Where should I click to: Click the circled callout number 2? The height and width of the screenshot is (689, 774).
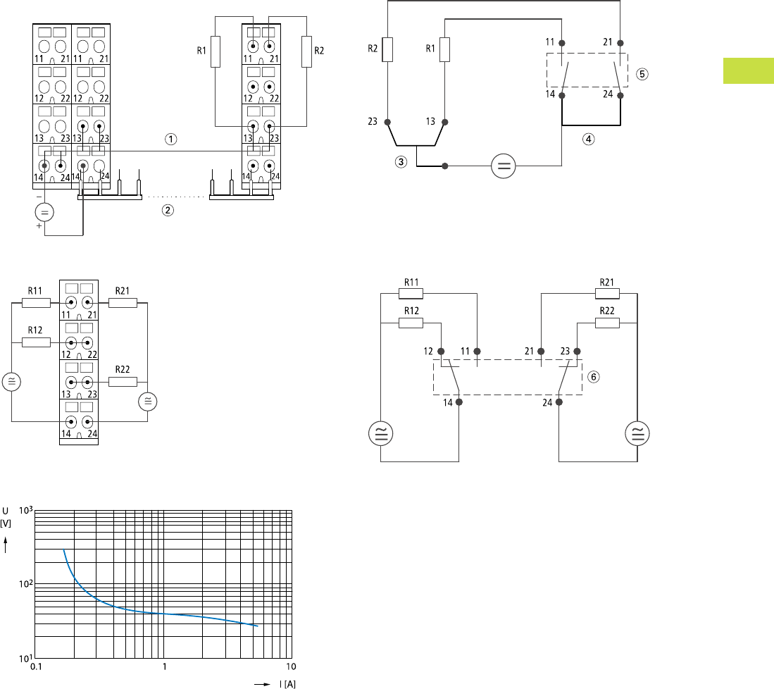[x=168, y=211]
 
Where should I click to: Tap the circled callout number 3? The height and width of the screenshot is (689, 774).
[x=401, y=162]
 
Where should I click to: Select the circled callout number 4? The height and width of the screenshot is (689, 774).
[x=589, y=139]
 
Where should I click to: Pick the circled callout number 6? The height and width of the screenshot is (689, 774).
[x=593, y=377]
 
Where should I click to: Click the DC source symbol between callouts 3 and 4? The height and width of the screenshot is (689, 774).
[x=503, y=167]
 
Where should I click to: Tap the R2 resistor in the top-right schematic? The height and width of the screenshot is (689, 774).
[x=387, y=49]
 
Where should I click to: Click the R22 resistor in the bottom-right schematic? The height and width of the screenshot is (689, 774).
[x=607, y=323]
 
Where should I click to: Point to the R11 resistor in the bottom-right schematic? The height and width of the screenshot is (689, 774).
[x=411, y=294]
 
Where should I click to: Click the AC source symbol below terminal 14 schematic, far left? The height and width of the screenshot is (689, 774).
[x=380, y=433]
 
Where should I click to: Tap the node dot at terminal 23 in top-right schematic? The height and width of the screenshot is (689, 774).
[x=387, y=123]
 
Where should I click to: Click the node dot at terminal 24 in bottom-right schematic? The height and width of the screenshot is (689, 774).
[x=558, y=403]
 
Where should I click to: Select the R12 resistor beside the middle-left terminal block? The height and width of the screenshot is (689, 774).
[x=36, y=342]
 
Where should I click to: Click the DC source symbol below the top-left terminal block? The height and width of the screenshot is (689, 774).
[x=44, y=212]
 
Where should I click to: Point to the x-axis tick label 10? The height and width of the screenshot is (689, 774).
[x=290, y=666]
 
